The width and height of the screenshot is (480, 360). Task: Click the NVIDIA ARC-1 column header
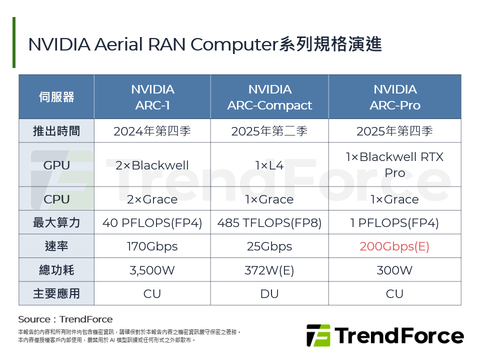point(152,97)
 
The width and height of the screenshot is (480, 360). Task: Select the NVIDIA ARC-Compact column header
point(269,97)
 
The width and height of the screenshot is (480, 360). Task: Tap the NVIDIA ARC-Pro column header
point(394,97)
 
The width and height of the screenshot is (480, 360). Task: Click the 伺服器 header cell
point(56,97)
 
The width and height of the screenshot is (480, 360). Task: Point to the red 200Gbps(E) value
point(394,246)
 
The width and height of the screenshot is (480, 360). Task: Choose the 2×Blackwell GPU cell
point(152,165)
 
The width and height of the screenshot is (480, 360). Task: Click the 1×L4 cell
point(269,165)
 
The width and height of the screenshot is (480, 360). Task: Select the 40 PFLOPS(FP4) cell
point(152,223)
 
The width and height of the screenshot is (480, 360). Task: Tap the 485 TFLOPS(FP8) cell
point(269,223)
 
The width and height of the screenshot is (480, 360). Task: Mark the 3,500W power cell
point(152,270)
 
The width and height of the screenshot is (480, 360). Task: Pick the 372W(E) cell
point(269,270)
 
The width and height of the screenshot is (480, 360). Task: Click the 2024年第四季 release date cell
point(152,131)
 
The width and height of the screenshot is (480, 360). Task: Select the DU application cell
point(269,293)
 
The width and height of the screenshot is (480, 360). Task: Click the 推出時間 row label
point(56,131)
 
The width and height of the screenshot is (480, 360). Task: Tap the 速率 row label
point(56,246)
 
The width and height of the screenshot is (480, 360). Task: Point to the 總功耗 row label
point(56,270)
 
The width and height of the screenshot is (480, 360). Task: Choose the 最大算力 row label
point(56,223)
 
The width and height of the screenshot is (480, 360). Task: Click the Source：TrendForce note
point(65,319)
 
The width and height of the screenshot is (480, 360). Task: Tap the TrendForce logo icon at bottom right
point(318,335)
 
